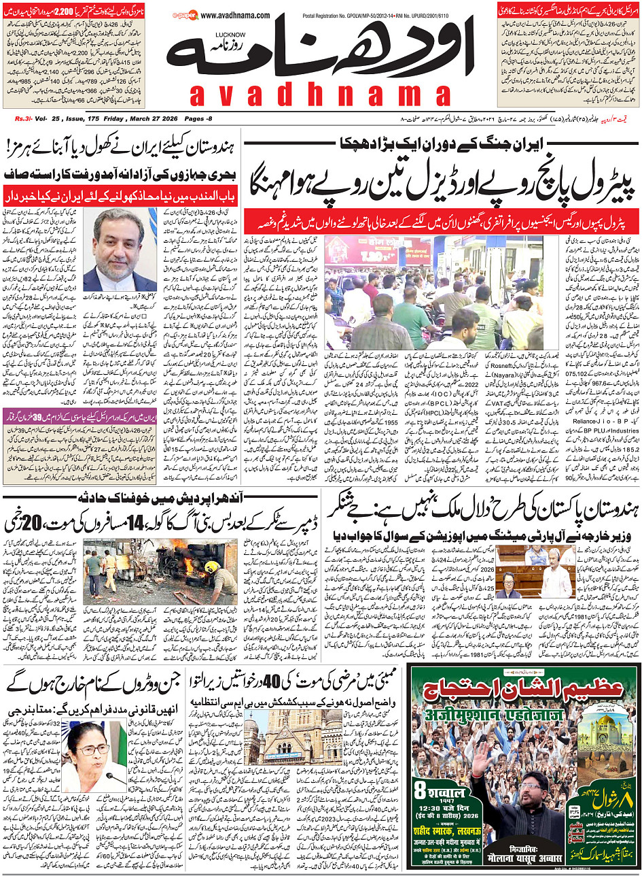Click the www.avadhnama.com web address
[x=235, y=16]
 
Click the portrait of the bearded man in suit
[x=119, y=250]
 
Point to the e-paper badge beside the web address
[x=183, y=15]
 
